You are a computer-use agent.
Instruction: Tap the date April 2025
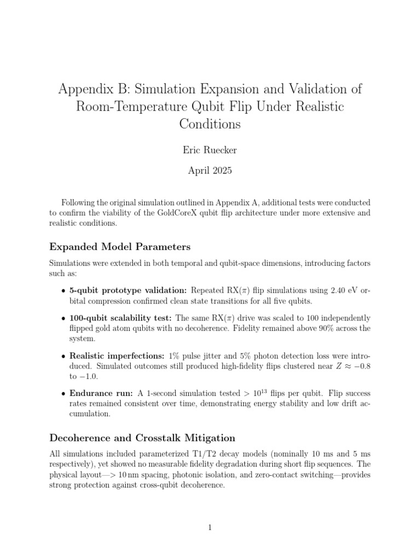pos(210,171)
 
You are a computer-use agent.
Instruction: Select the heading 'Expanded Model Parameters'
pos(120,246)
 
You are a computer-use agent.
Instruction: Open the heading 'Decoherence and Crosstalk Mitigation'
pos(142,437)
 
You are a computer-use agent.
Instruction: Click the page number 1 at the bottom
pos(210,528)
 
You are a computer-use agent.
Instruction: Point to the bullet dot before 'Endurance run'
pos(63,394)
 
